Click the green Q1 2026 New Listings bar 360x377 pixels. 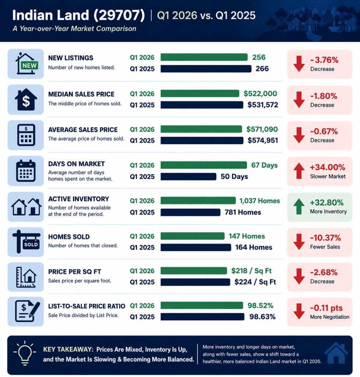coord(204,57)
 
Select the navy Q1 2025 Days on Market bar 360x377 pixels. coord(188,177)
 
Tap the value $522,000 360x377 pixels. coord(260,94)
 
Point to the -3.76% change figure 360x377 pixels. coord(324,60)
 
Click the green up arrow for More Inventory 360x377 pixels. coord(299,207)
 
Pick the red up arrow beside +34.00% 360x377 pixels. coord(299,171)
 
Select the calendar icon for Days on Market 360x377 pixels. coord(26,170)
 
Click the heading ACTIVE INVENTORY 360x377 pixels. coord(78,199)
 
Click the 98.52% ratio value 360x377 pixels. coord(260,306)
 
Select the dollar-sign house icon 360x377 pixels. coord(26,100)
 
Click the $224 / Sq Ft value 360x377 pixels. coord(255,282)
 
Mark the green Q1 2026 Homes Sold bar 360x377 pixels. coord(192,236)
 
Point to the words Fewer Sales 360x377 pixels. coord(325,247)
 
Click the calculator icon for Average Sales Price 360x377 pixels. coord(26,135)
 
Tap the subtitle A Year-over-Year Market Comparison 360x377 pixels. coord(74,29)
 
